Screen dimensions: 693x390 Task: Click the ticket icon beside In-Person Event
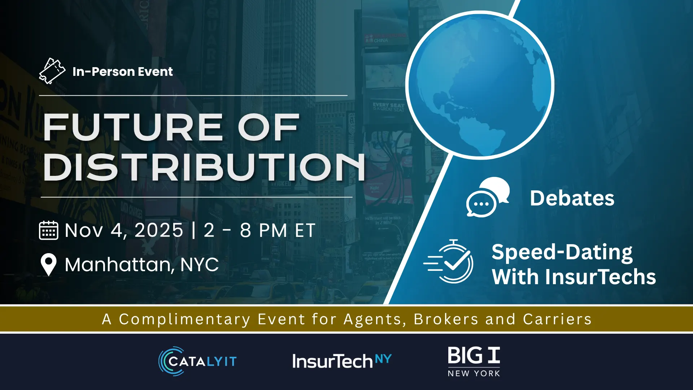point(52,71)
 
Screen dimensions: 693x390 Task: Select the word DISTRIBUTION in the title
point(204,167)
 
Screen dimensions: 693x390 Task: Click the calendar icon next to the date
point(48,230)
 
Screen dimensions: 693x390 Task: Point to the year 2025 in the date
point(159,230)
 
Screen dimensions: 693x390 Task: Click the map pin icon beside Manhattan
point(49,265)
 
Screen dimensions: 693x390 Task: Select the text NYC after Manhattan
point(199,264)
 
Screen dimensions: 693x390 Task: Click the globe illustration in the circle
point(480,85)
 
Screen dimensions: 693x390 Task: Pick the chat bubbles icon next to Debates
point(488,197)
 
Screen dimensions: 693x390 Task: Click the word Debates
point(572,198)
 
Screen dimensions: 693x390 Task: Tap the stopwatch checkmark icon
point(448,261)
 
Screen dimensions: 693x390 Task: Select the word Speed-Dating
point(562,252)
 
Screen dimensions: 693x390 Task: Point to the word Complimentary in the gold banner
point(184,319)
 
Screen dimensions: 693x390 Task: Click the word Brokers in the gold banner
point(446,319)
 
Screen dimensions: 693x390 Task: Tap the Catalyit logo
point(197,361)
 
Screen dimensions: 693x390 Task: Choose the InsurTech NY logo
point(342,361)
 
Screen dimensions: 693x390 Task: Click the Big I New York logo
point(474,362)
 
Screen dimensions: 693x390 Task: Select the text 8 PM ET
point(278,230)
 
